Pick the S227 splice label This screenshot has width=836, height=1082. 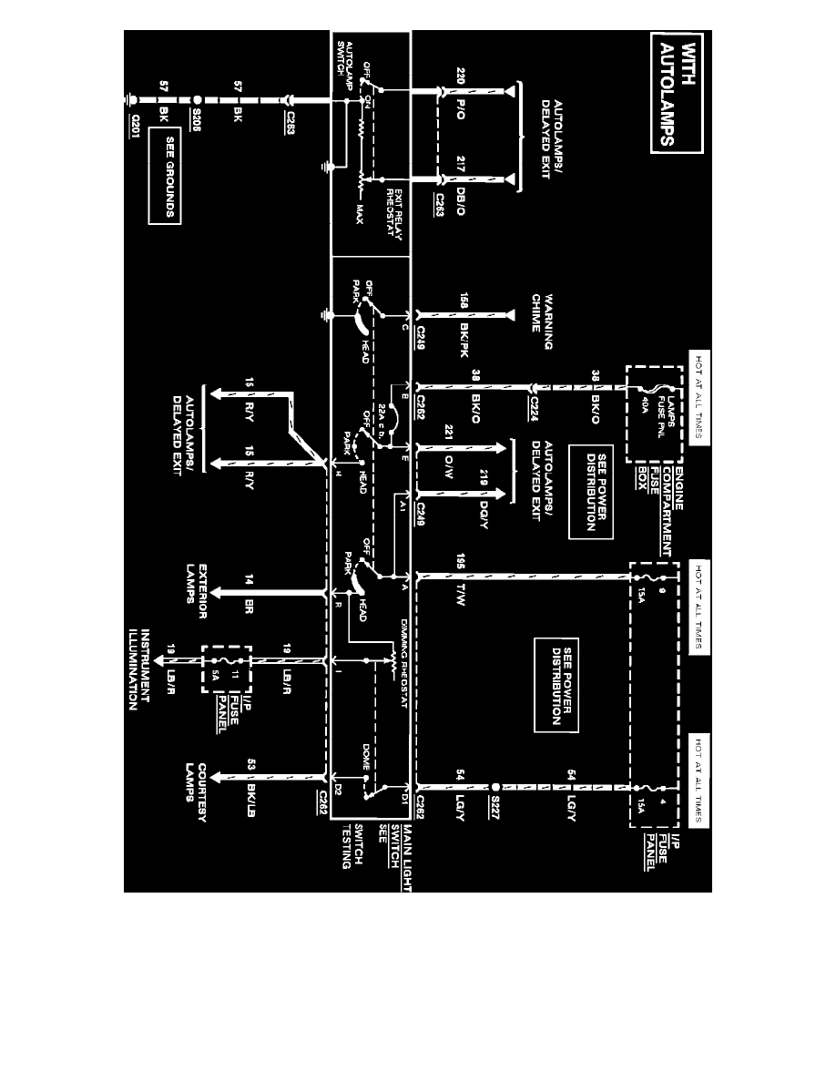[496, 801]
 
